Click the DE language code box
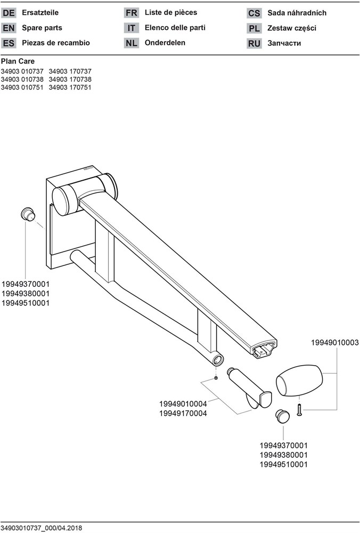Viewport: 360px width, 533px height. coord(9,13)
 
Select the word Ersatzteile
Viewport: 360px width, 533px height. coord(40,13)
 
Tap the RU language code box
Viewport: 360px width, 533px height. coord(254,44)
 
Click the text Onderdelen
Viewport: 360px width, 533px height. coord(165,43)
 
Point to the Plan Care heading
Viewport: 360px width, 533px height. coord(18,61)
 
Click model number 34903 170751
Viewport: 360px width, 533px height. coord(70,87)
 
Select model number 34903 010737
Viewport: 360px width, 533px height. coord(22,71)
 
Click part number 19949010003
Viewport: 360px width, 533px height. coord(335,343)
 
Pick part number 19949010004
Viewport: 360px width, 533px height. coord(183,404)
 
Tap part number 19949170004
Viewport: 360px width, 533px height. coord(183,414)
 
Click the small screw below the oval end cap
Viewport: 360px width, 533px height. coord(299,410)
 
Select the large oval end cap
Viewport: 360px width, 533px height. coord(299,381)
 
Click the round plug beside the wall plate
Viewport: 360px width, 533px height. coord(28,214)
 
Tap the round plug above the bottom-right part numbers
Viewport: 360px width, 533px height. coord(282,416)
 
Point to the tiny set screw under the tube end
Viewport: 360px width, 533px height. coord(216,378)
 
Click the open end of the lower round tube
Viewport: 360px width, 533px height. coord(218,359)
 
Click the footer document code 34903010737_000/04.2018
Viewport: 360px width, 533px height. coord(42,528)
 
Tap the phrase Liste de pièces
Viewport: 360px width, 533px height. coord(171,13)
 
